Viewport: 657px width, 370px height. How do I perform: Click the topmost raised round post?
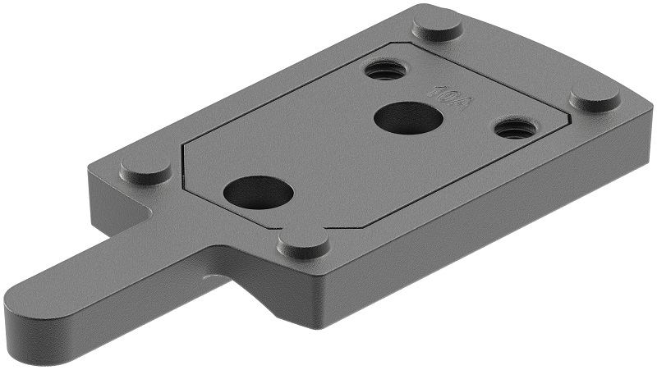[x=437, y=25]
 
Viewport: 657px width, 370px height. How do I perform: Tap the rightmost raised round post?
[x=595, y=97]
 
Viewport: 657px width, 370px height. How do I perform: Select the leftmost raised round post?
[x=146, y=168]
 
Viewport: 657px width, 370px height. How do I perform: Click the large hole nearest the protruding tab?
[x=258, y=193]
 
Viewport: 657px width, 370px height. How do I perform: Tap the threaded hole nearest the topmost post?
[x=384, y=70]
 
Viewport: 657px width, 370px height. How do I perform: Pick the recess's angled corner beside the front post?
[x=328, y=225]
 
